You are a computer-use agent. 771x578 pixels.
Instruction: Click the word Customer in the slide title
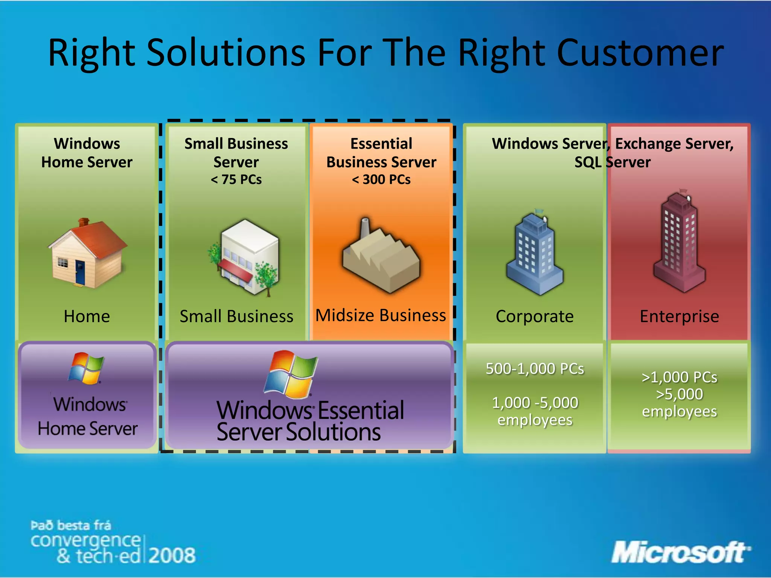pos(640,53)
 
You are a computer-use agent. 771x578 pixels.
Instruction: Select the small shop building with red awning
pos(245,258)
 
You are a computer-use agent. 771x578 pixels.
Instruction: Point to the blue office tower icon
pos(535,254)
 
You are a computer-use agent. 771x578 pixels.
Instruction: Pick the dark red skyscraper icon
pos(680,243)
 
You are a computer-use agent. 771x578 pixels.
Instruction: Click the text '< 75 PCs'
pos(236,179)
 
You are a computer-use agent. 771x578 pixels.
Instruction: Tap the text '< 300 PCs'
pos(381,179)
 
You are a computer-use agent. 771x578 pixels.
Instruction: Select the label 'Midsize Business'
pos(381,315)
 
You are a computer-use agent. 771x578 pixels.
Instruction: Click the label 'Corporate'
pos(535,316)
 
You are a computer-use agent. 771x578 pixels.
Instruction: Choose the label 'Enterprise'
pos(679,316)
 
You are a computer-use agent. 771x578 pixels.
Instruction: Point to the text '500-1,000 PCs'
pos(535,369)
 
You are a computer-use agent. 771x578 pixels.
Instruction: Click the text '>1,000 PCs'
pos(679,377)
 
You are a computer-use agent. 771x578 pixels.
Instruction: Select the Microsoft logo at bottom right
pos(680,552)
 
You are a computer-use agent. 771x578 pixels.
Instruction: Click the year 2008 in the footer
pos(172,555)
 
